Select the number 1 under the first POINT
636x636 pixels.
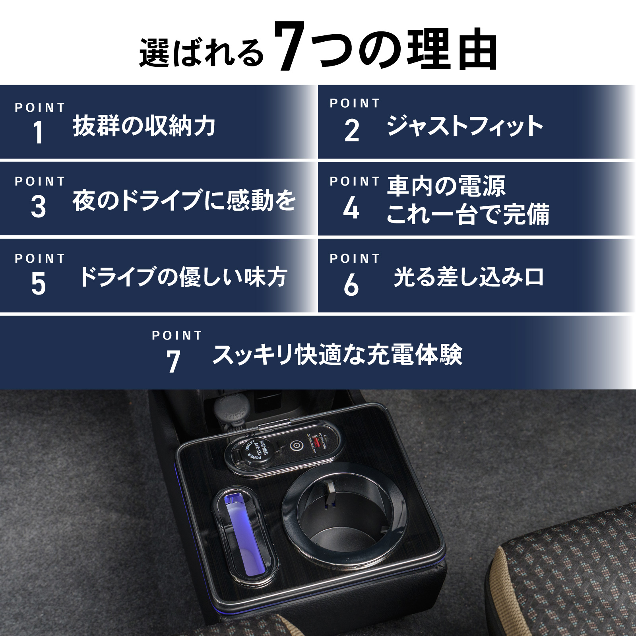coord(38,132)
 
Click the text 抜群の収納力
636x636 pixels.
coord(144,126)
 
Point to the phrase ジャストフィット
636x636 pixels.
coord(465,126)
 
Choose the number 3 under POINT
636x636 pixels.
coord(38,207)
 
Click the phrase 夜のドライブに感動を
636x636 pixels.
coord(184,200)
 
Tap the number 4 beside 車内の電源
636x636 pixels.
coord(351,208)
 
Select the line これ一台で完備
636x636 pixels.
coord(467,215)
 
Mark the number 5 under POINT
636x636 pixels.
coord(38,284)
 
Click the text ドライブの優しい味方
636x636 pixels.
coord(183,277)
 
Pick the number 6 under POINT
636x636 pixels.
coord(351,285)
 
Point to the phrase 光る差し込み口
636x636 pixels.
coord(469,277)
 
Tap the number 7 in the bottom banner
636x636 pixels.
coord(173,362)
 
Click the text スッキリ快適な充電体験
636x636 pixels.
coord(337,355)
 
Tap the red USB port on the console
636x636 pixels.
coord(317,442)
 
